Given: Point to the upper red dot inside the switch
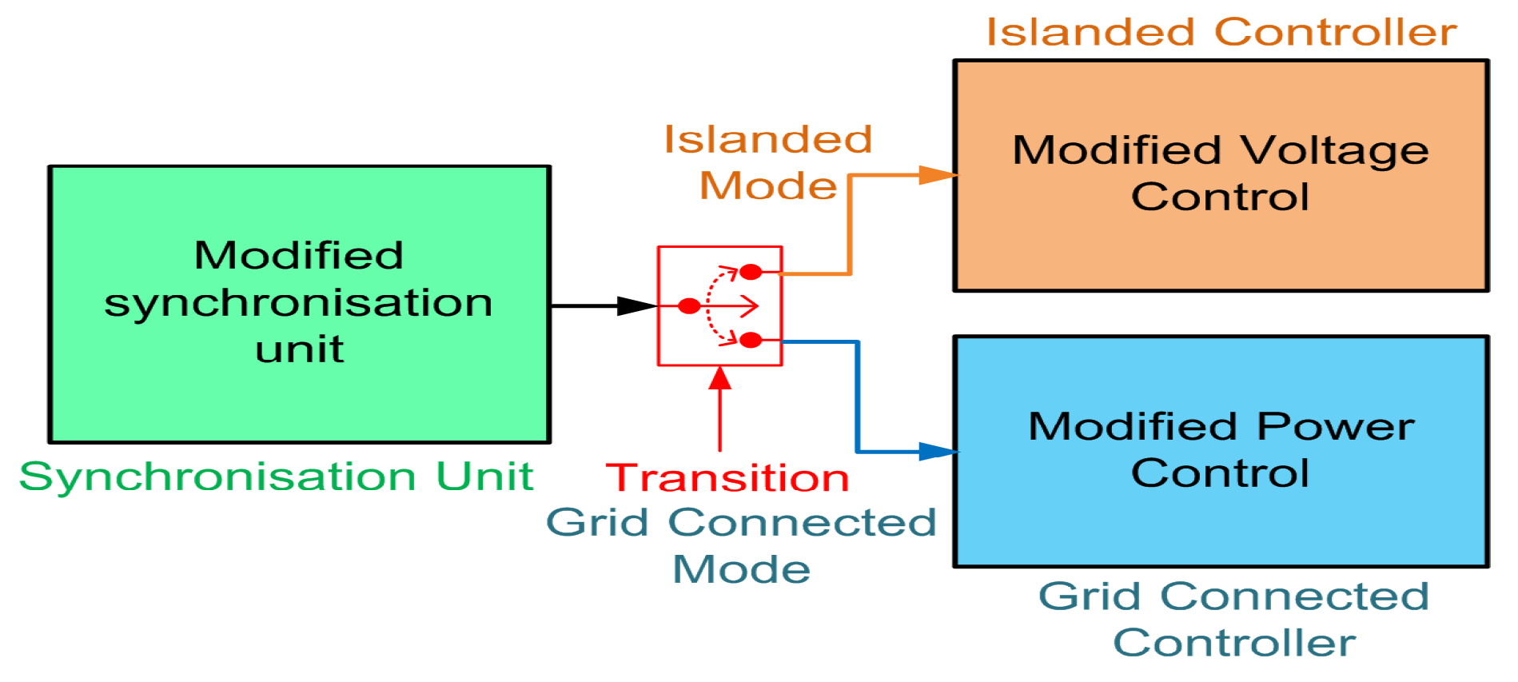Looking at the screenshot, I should click(x=751, y=272).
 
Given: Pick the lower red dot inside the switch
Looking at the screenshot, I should click(x=751, y=340).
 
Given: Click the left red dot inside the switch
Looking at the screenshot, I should click(x=689, y=305).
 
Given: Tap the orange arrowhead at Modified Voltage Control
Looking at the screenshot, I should click(x=937, y=175).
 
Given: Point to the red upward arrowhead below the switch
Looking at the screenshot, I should click(x=720, y=377).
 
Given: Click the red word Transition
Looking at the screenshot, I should click(x=727, y=478).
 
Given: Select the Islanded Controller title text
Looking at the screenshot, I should click(x=1221, y=33).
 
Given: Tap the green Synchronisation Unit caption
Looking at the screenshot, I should click(x=276, y=477).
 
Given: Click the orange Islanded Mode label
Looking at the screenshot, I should click(x=768, y=162).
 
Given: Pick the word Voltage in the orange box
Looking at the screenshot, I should click(x=1334, y=150).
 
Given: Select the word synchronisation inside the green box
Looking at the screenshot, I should click(x=299, y=303).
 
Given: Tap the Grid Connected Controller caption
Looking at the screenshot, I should click(x=1233, y=619).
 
